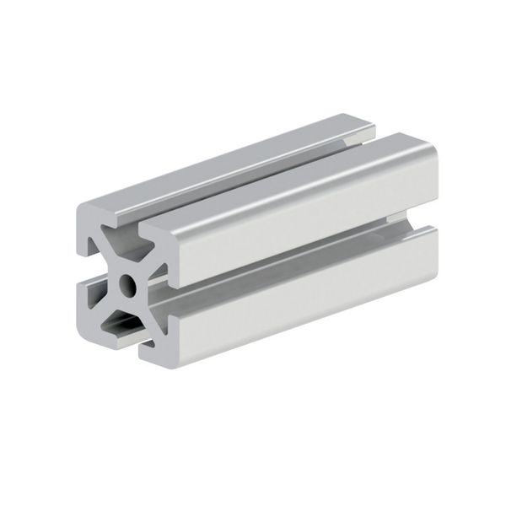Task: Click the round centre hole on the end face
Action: point(126,286)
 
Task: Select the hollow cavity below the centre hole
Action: point(123,320)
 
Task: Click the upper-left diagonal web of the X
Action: point(110,258)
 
